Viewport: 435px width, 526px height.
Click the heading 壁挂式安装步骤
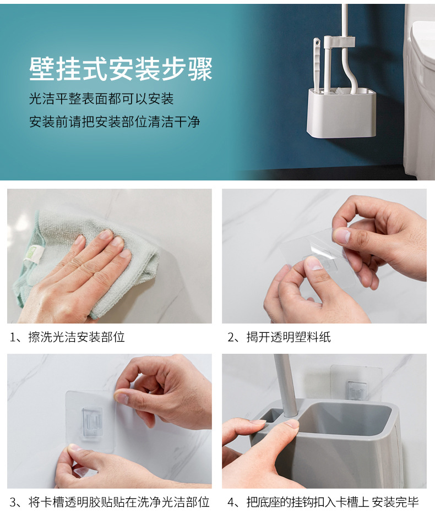(121, 69)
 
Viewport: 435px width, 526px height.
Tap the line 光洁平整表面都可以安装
(101, 98)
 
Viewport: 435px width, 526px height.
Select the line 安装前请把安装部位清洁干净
(115, 122)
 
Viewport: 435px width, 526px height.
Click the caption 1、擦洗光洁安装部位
(67, 337)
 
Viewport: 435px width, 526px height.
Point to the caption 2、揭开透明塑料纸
(279, 337)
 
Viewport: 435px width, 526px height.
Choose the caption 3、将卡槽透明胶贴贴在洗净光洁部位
(110, 502)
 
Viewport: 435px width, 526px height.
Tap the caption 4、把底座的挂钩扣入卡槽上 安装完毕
(323, 502)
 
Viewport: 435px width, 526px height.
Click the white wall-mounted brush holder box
(341, 112)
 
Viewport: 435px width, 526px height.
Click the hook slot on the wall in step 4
(356, 391)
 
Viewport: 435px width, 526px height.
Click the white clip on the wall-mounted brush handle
(339, 42)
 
